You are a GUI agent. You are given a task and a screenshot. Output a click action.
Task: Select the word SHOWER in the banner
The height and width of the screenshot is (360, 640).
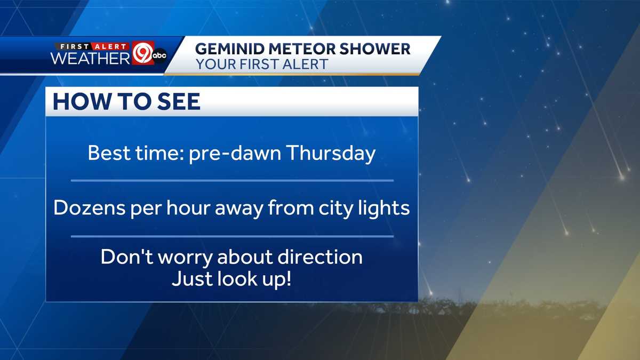coord(377,49)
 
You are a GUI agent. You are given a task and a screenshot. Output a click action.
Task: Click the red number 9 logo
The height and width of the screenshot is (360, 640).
coord(142,53)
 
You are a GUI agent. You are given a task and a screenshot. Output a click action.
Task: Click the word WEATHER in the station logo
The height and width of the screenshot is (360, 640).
coord(90,58)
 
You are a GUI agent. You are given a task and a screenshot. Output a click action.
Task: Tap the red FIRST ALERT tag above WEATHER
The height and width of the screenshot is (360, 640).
coord(90,45)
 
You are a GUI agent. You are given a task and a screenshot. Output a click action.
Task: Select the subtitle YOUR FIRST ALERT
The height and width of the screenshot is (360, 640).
coord(262,64)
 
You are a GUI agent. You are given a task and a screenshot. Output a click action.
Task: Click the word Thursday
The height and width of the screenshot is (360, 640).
coord(331,154)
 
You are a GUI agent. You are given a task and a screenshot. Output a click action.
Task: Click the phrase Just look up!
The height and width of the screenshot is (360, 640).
coord(231,279)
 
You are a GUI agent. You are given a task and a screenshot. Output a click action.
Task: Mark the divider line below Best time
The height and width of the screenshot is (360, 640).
coord(232,181)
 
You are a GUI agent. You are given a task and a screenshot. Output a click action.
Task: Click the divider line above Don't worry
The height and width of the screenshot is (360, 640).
coord(232,236)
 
